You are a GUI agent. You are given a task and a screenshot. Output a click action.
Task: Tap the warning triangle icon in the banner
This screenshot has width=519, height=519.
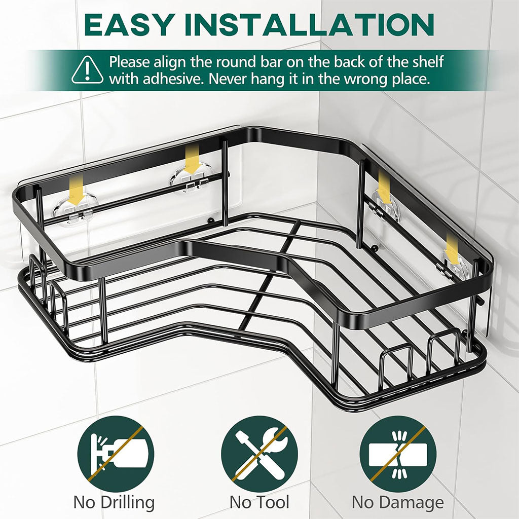[88, 71]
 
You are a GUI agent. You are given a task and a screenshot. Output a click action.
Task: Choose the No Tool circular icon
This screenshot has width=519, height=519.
[260, 454]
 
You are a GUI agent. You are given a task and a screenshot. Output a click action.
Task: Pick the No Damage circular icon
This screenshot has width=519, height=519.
[397, 454]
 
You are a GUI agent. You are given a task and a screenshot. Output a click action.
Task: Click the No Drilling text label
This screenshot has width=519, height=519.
[114, 502]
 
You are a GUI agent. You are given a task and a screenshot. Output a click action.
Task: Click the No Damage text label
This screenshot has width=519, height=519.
[398, 502]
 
